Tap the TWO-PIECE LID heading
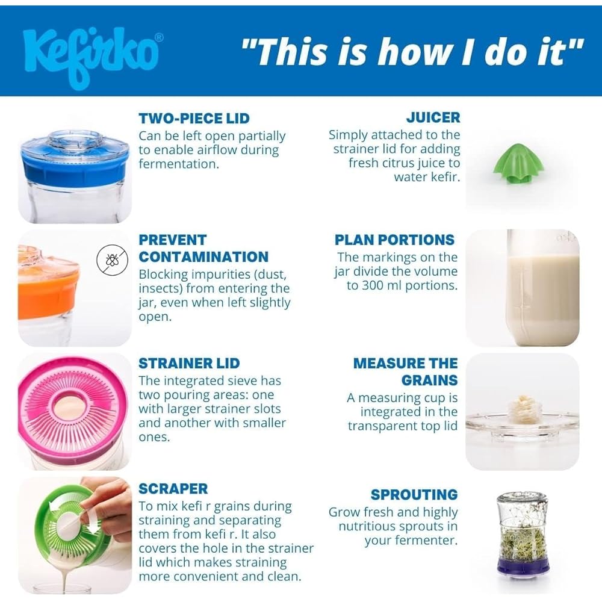[194, 118]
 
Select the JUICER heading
[433, 117]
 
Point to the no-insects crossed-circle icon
[112, 260]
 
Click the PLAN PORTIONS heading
[394, 240]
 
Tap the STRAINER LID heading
[189, 363]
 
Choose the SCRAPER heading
[173, 489]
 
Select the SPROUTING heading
[414, 494]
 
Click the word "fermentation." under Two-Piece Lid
[179, 164]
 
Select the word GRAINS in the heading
[430, 380]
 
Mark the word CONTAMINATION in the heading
[203, 257]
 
